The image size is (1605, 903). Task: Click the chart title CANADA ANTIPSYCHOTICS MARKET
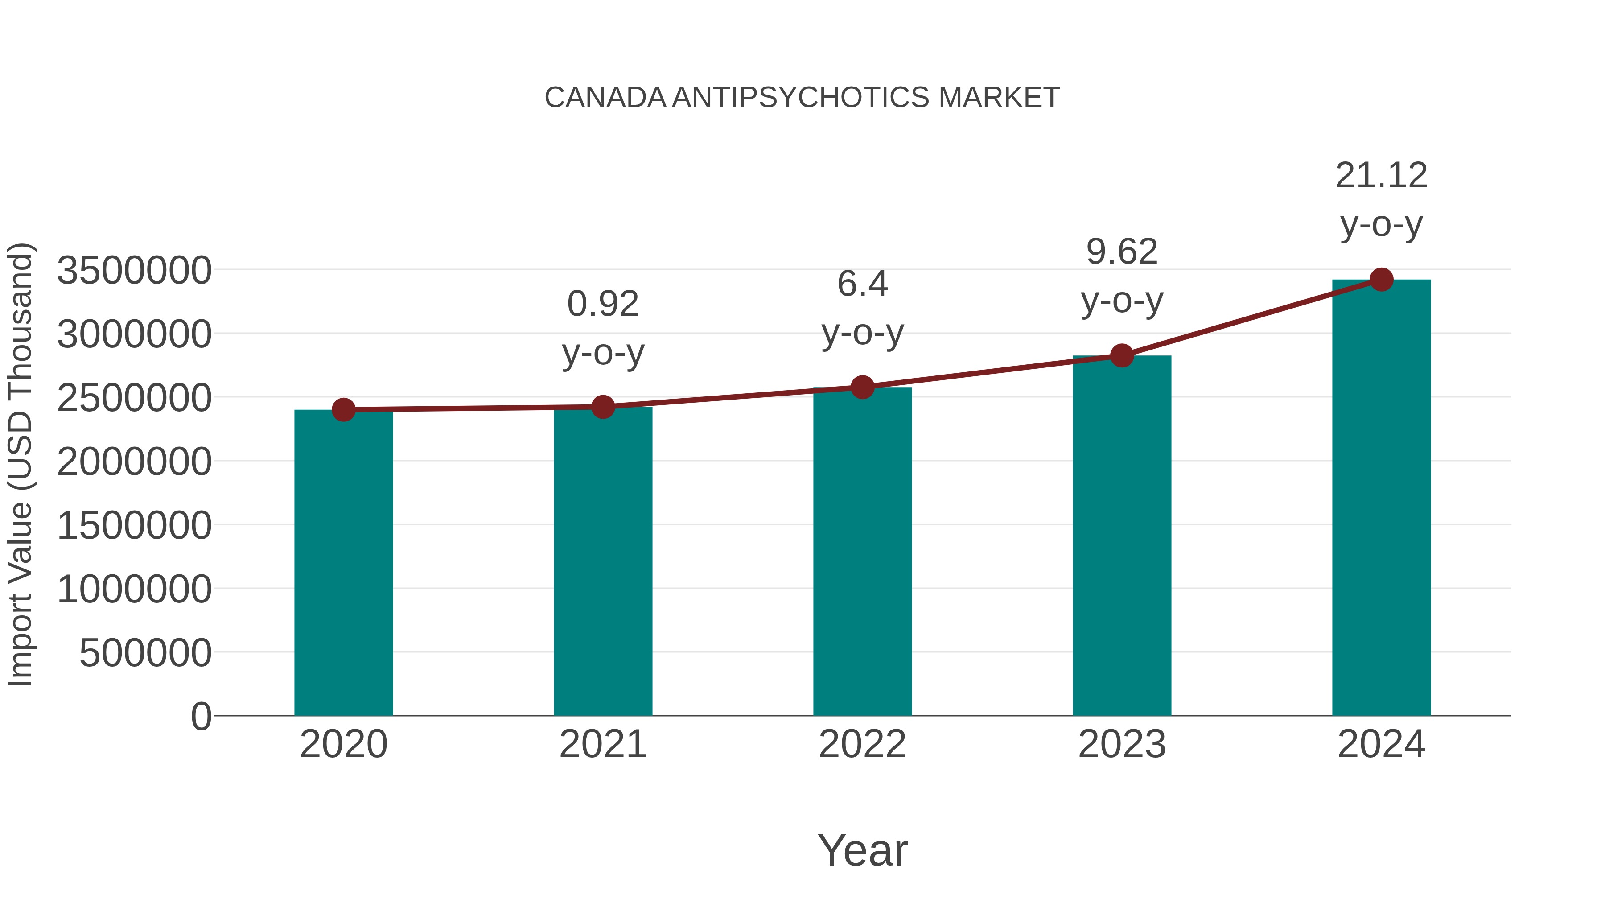point(802,98)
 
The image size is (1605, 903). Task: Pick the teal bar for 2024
point(1381,499)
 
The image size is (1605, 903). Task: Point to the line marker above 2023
point(1122,356)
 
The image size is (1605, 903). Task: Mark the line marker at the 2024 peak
point(1381,280)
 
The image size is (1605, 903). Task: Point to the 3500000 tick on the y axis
point(134,271)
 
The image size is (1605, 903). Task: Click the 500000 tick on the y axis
point(145,653)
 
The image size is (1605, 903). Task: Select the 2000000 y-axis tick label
point(134,462)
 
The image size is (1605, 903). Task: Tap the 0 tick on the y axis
point(201,717)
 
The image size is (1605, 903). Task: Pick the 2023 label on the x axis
point(1122,744)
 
